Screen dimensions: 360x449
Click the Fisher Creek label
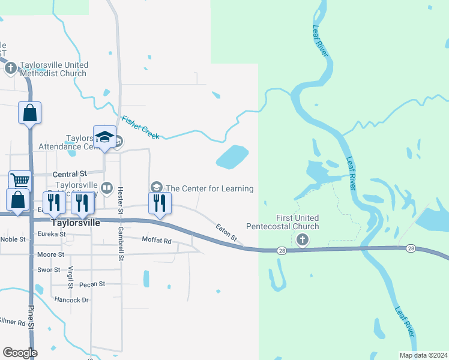[x=140, y=127]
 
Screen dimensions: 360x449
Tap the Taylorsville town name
[x=75, y=221]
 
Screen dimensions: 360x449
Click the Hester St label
[x=120, y=200]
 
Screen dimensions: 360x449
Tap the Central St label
[x=70, y=174]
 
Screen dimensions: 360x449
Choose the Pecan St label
[x=92, y=284]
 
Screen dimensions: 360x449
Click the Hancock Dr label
[x=71, y=299]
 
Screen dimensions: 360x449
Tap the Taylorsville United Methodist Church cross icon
[x=10, y=68]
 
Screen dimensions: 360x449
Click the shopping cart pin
[x=20, y=180]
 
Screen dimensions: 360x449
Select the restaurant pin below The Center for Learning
[x=160, y=202]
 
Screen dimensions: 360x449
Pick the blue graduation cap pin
[x=104, y=136]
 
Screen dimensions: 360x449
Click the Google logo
[x=20, y=353]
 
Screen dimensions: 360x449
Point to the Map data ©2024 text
[x=423, y=355]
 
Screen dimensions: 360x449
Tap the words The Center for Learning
[x=209, y=188]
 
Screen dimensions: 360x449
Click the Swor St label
[x=49, y=270]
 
